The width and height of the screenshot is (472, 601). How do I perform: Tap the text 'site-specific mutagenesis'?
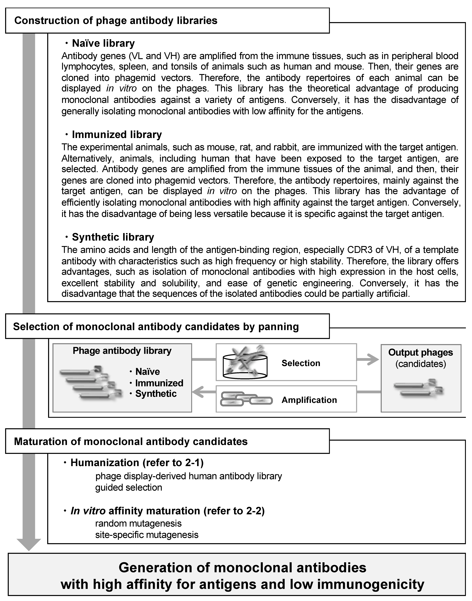coord(147,535)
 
